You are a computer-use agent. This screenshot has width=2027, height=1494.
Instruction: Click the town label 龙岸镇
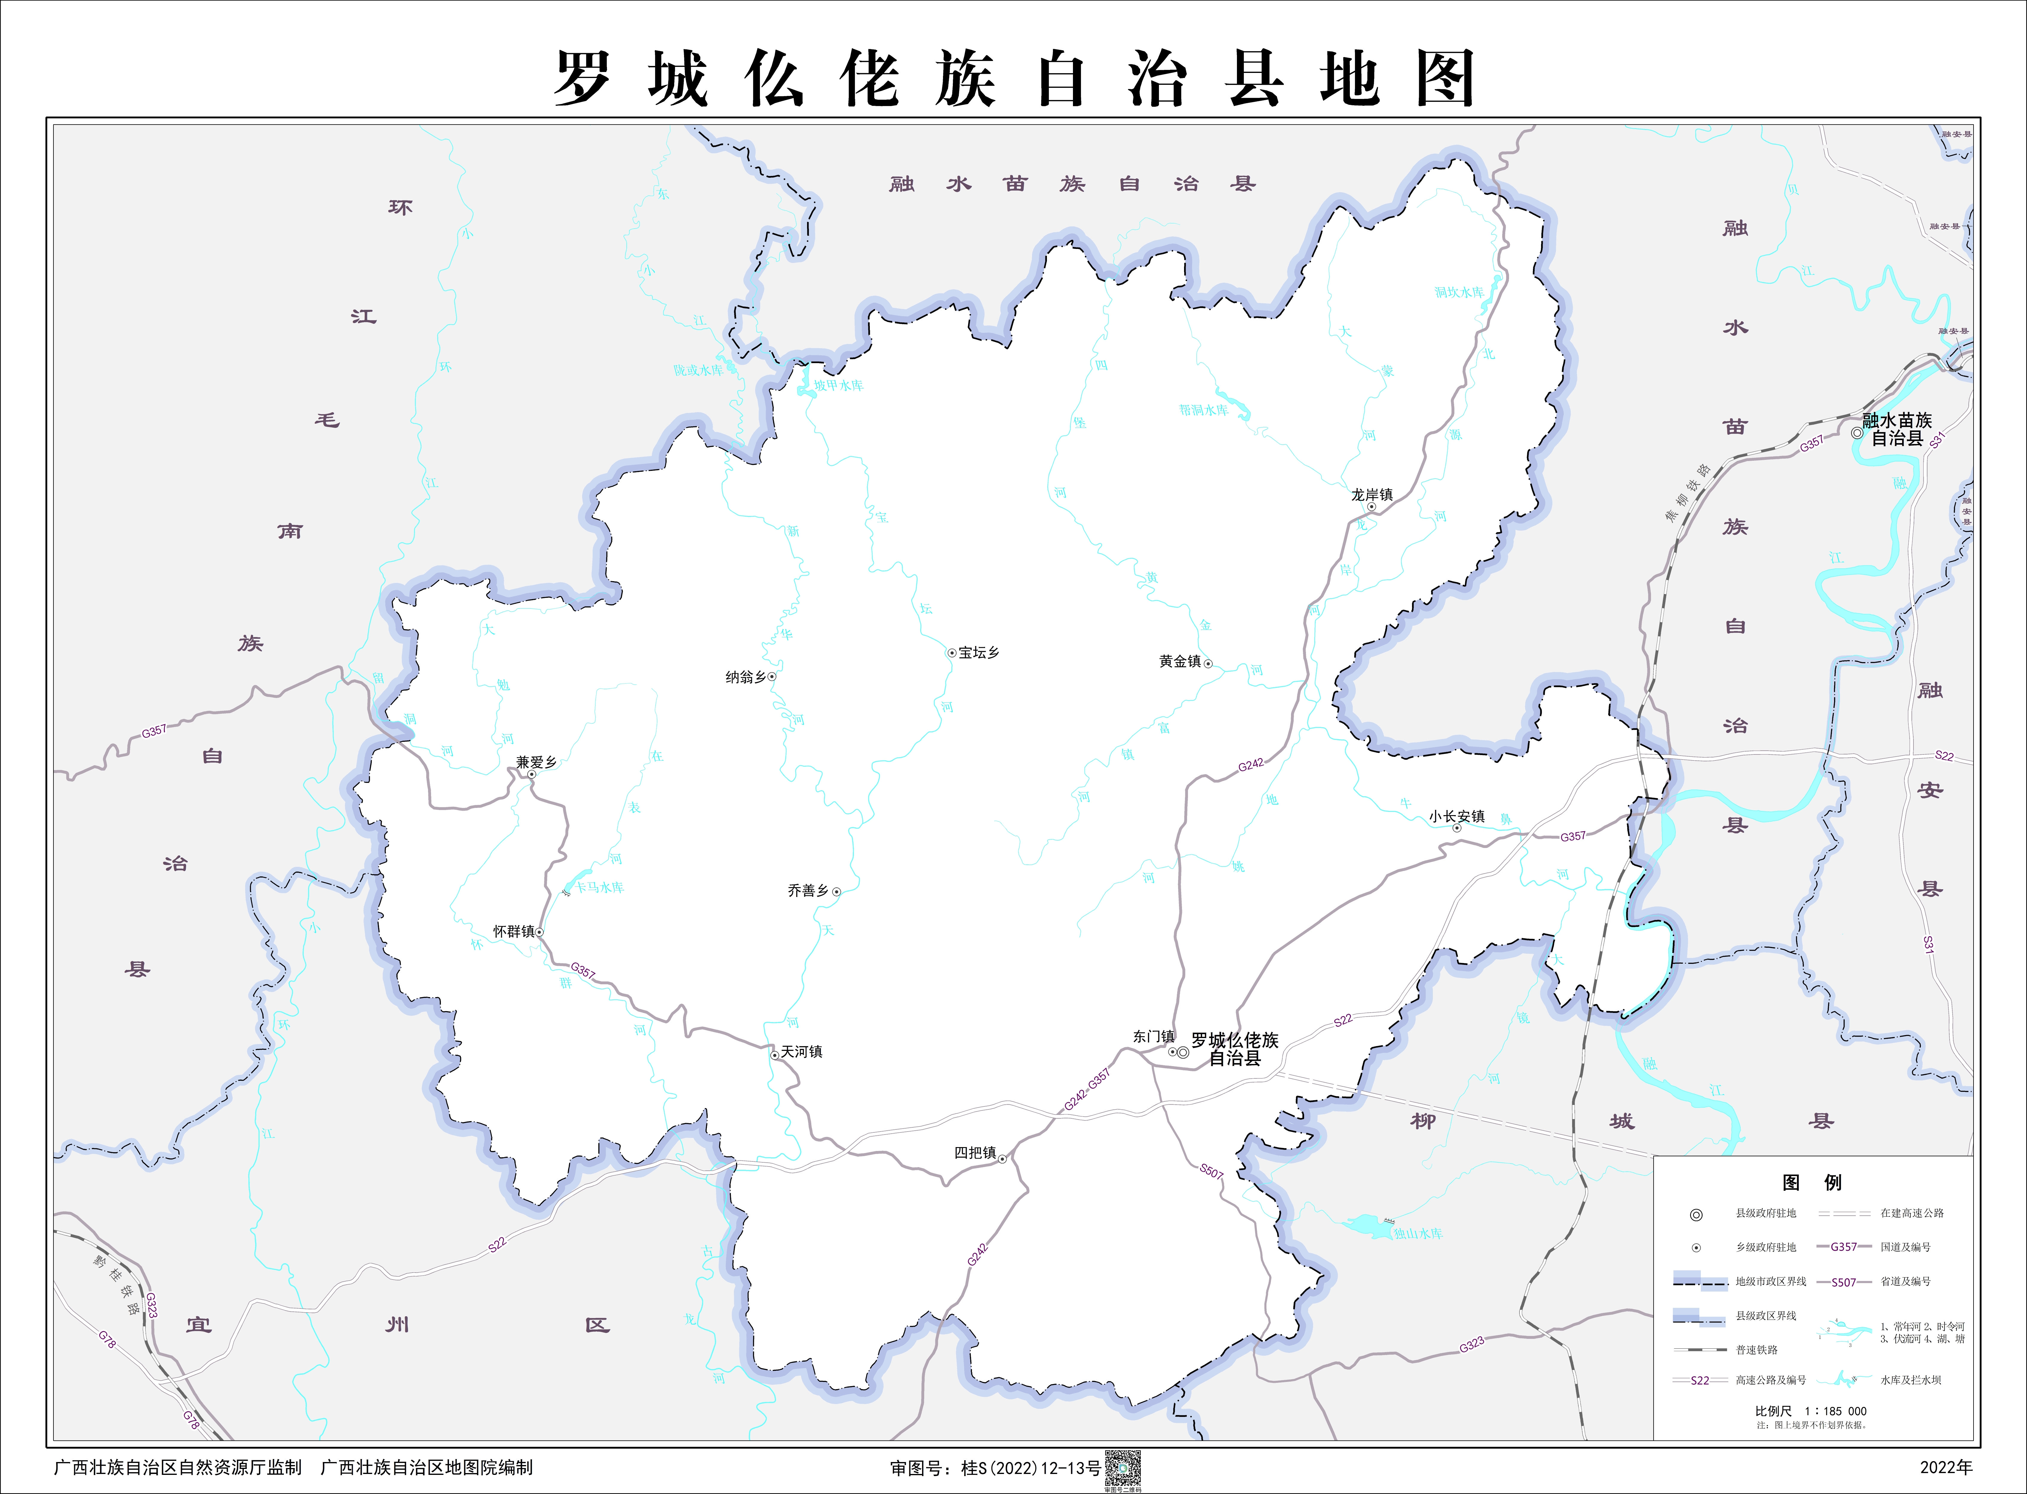[x=1372, y=495]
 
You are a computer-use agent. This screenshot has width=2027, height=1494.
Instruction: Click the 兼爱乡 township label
[x=536, y=762]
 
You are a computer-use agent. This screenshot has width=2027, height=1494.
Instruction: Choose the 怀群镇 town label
[x=513, y=931]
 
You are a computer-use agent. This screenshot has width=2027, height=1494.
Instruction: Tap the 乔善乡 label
[x=808, y=891]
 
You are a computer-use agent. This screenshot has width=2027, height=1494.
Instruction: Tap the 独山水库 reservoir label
[x=1418, y=1233]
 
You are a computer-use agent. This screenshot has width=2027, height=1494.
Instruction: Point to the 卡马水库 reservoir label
[x=599, y=888]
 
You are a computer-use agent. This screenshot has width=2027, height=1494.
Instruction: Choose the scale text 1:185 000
[x=1835, y=1411]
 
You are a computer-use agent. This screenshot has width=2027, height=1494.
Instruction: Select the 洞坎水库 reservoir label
[x=1458, y=292]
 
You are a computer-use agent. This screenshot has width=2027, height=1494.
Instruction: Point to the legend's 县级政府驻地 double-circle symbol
[x=1696, y=1215]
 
